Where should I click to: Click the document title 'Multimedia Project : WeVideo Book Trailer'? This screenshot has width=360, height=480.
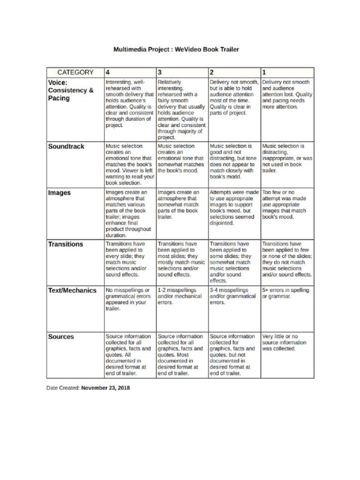[x=176, y=49]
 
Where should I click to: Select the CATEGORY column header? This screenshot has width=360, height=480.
[x=75, y=72]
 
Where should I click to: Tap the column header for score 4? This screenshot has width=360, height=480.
[x=108, y=72]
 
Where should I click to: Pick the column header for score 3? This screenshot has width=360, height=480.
[x=160, y=72]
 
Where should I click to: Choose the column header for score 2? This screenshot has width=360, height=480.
[x=212, y=72]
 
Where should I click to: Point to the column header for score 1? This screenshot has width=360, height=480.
[x=264, y=72]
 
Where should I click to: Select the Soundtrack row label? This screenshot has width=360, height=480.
[x=66, y=146]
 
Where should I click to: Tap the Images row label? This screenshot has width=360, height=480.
[x=60, y=193]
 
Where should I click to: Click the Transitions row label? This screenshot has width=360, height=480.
[x=66, y=244]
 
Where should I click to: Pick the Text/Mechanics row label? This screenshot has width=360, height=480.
[x=72, y=290]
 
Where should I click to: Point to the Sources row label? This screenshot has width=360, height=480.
[x=61, y=337]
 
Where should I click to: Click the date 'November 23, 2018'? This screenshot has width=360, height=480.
[x=105, y=388]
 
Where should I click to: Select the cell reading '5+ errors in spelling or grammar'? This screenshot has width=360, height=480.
[x=285, y=293]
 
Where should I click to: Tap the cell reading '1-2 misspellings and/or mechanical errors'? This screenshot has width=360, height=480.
[x=180, y=296]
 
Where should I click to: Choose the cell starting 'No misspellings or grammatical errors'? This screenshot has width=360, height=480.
[x=128, y=300]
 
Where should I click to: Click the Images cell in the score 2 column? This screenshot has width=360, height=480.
[x=233, y=208]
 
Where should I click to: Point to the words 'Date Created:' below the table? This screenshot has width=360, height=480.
[x=63, y=388]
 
